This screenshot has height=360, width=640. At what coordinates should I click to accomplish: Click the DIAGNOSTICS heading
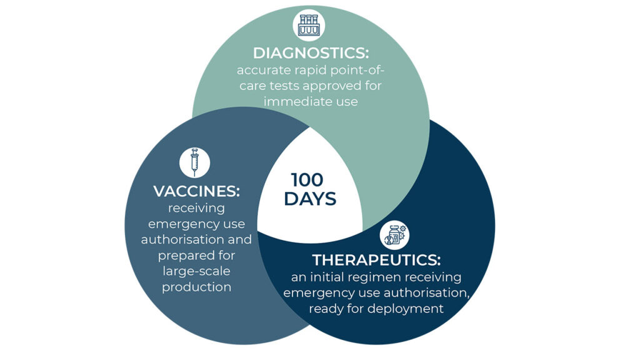pos(311,53)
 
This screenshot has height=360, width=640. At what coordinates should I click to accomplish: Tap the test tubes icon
pos(309,25)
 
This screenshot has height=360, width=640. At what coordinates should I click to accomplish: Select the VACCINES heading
pos(196,191)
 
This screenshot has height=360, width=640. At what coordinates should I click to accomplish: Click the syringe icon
pos(195,162)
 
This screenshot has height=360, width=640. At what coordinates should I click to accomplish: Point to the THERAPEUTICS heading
pos(376,260)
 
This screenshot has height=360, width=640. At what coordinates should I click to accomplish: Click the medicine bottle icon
pos(395,235)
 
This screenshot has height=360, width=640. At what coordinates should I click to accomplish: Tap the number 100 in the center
pos(307,179)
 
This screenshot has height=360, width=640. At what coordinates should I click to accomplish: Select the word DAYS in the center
pos(310,199)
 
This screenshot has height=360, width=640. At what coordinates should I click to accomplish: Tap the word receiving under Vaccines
pos(196,209)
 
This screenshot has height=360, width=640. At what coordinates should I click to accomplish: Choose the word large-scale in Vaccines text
pos(196,271)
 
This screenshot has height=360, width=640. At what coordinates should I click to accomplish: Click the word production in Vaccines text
pos(196,287)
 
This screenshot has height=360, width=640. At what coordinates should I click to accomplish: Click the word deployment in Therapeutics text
pos(410,309)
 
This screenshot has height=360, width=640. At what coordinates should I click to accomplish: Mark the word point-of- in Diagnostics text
pos(357,71)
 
